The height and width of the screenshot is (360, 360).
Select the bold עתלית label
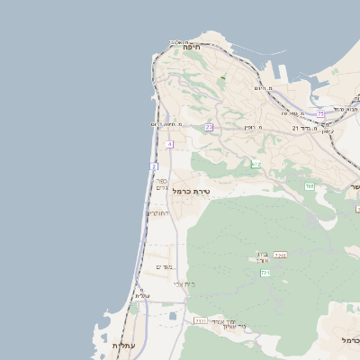122,346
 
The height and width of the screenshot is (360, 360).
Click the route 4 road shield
169,144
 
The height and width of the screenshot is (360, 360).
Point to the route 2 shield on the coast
154,167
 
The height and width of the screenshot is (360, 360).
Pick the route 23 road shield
209,128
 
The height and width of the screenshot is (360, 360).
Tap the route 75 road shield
320,113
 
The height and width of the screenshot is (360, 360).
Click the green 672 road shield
256,165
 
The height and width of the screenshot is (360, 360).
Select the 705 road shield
309,186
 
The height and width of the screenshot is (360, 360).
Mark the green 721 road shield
265,272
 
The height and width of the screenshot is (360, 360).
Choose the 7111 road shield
200,319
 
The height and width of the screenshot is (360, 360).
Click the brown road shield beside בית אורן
280,256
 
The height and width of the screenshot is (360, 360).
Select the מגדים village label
164,266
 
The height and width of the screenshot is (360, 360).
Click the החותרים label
157,213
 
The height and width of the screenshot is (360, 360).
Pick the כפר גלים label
161,184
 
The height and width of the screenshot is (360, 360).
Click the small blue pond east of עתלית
172,316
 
